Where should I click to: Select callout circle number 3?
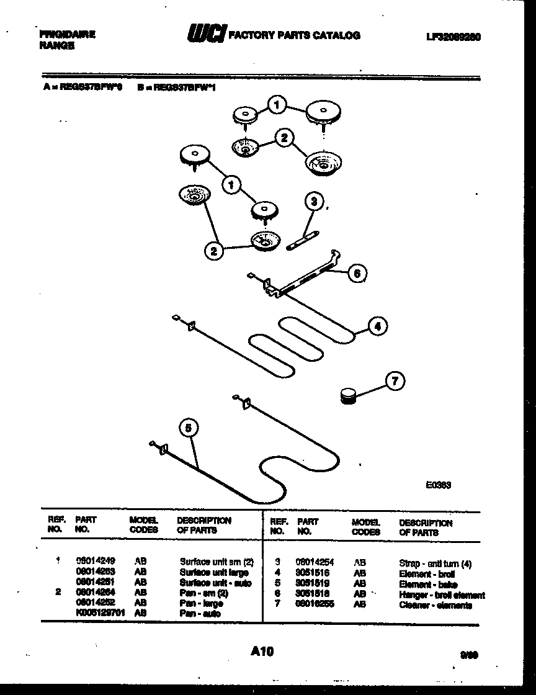tap(314, 202)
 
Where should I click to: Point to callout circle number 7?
tap(395, 381)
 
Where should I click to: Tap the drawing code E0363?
tap(438, 485)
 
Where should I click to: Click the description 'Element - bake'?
tap(428, 585)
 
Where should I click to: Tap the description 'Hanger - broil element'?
tap(442, 595)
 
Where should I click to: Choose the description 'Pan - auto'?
tap(200, 614)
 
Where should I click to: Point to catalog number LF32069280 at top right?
tap(453, 37)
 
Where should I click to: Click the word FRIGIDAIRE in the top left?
tap(67, 35)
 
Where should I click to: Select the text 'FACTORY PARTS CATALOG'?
tap(295, 35)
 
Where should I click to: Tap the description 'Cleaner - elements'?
tap(435, 605)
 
